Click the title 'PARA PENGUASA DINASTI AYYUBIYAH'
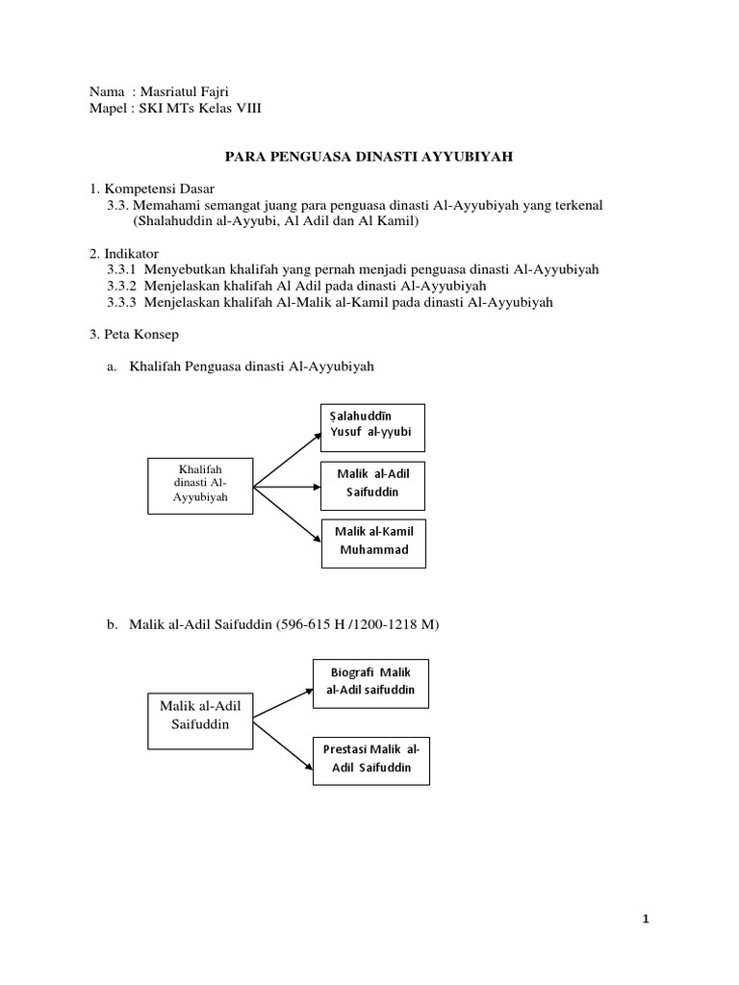tap(369, 154)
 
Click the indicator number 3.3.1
tap(122, 269)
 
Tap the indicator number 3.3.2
tap(122, 286)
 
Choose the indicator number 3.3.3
tap(122, 302)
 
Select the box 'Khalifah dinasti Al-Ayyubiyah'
tap(200, 484)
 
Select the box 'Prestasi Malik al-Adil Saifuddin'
tap(370, 759)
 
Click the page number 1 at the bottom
tap(648, 920)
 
